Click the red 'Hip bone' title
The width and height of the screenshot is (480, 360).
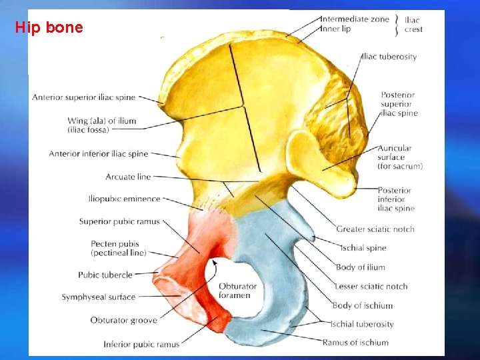49,27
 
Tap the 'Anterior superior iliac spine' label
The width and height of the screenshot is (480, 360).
83,97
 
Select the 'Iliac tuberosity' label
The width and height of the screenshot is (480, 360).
389,57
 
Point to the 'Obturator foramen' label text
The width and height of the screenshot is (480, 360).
237,291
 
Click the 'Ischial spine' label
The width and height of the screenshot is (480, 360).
363,248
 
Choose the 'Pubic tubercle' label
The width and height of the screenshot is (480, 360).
105,275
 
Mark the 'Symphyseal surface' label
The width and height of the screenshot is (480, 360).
98,297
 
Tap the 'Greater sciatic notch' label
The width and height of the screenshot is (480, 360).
375,229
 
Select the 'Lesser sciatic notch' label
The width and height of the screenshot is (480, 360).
371,286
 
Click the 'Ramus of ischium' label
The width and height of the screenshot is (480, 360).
355,343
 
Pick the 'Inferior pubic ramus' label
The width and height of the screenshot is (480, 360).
141,345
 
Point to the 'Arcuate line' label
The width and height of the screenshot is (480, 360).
128,177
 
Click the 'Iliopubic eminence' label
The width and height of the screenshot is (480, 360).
124,199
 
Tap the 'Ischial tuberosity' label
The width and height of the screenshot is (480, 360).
362,324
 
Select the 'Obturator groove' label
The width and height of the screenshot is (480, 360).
124,321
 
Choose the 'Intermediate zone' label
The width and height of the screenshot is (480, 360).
355,19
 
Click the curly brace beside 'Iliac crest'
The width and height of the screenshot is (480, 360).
397,24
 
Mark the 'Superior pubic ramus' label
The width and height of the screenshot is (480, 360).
119,221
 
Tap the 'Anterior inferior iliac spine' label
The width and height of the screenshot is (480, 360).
98,154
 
